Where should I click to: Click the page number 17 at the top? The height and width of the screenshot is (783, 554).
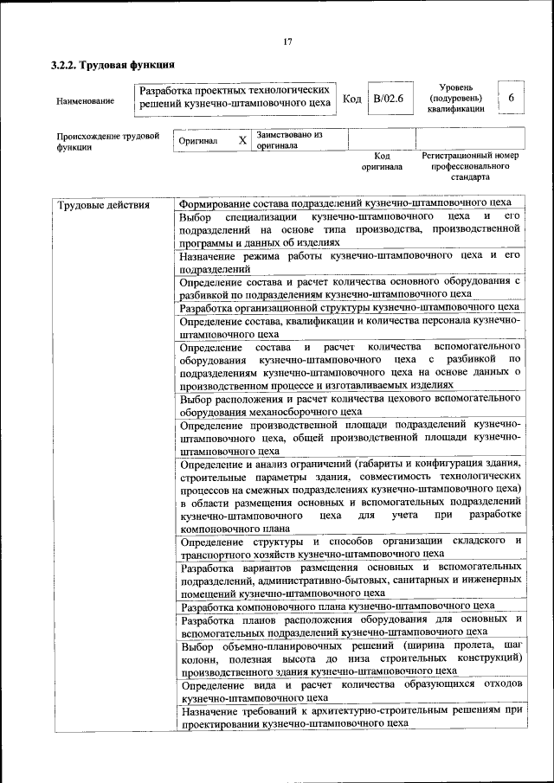coord(287,42)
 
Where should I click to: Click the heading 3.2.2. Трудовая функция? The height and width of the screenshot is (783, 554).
coord(113,65)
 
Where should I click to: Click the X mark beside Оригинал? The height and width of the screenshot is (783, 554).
coord(242,140)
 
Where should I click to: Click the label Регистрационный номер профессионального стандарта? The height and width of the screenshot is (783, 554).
coord(469,165)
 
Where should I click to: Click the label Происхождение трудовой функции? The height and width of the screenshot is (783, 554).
coord(107,141)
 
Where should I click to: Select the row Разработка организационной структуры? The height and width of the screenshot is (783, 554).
coord(350,306)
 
